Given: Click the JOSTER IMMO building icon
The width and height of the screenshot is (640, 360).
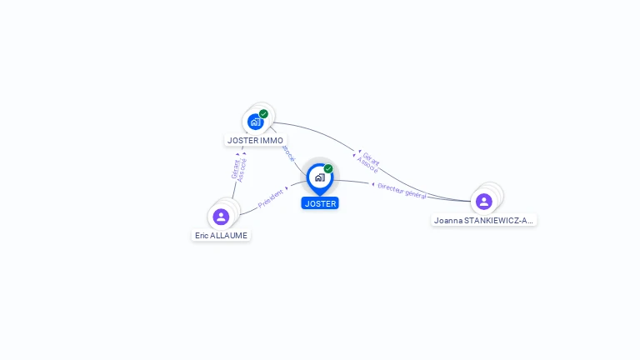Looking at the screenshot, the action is [255, 122].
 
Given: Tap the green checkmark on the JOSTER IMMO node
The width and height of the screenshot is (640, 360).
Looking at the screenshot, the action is [263, 114].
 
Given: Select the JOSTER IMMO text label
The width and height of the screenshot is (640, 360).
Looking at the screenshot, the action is [255, 140].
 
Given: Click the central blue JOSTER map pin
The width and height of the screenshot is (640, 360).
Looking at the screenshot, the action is [319, 177].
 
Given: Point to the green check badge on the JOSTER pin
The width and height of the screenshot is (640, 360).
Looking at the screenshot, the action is [328, 168].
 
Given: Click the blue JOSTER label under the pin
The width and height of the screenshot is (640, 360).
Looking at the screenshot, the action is [320, 203].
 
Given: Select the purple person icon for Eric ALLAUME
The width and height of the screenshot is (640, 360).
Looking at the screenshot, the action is [221, 217].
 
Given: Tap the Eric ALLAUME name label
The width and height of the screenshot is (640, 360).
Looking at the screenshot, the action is [222, 236].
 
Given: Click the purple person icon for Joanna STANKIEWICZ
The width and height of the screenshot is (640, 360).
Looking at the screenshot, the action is [484, 201].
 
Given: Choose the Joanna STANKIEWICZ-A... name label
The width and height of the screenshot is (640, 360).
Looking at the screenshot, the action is [484, 221].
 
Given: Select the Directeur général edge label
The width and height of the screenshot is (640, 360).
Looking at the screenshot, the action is [402, 190].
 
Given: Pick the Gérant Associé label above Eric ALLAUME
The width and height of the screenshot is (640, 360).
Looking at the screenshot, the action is [238, 169].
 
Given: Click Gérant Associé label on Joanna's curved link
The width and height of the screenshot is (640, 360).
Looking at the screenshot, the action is [368, 162].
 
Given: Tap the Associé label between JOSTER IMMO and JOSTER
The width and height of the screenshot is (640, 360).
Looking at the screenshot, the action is [288, 153].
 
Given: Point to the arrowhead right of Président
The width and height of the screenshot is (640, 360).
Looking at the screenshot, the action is [287, 188].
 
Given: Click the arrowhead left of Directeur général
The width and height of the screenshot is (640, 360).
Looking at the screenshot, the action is [372, 183].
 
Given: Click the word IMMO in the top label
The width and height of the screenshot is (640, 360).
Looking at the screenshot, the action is [272, 140].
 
